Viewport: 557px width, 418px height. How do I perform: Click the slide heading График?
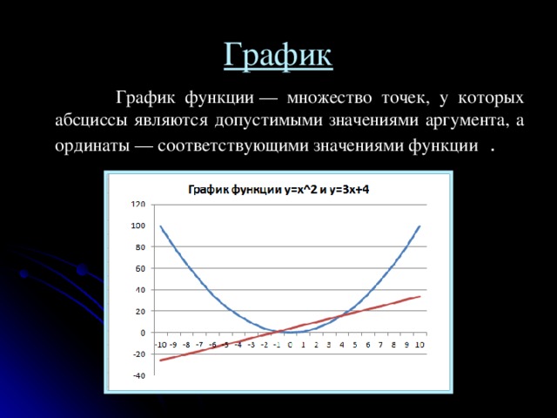point(278,54)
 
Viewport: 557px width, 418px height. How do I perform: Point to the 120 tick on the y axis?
point(138,205)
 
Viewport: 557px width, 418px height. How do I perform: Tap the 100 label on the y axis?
point(138,226)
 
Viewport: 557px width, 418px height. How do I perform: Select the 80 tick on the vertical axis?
point(139,247)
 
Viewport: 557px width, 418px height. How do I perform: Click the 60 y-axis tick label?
point(139,268)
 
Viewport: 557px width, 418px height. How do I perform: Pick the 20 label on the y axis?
point(139,311)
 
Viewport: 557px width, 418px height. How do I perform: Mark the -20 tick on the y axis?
point(138,354)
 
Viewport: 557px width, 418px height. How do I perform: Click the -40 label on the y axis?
point(138,375)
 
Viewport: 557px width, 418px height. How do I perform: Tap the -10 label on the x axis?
point(160,345)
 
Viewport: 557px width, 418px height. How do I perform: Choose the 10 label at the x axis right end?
point(419,345)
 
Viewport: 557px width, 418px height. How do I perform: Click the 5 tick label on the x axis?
point(355,345)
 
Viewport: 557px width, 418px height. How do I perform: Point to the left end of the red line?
point(160,361)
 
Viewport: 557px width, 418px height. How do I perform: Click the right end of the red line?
point(420,296)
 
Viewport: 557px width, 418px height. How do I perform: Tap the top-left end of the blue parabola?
point(160,226)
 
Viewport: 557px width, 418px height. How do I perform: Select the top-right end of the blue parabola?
point(420,226)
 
